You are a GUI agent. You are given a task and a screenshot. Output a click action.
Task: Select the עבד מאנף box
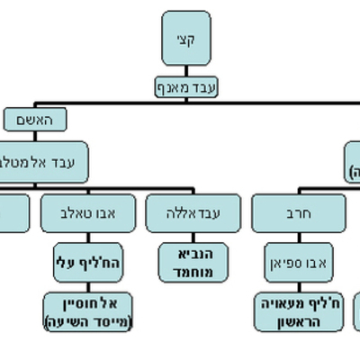point(186,87)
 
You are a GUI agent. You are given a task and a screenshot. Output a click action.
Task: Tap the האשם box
point(35,118)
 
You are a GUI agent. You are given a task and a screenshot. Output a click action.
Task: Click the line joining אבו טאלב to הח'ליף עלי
point(88,237)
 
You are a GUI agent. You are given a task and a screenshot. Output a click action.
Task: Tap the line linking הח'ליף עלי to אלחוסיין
point(88,285)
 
